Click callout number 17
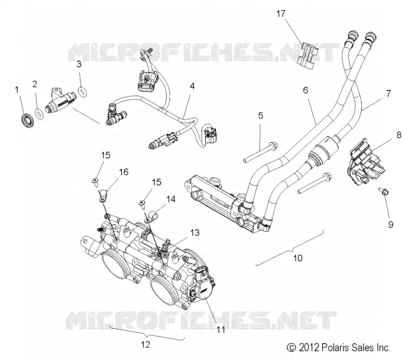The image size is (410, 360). pos(280,13)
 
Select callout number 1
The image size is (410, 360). pos(17,89)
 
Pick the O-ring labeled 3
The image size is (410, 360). pos(83,92)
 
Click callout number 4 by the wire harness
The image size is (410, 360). pos(192,86)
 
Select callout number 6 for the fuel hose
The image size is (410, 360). pos(305,90)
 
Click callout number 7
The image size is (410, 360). pos(388,93)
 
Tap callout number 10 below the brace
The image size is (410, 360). pos(298,258)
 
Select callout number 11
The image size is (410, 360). pos(221,329)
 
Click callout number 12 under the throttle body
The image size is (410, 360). pos(146,344)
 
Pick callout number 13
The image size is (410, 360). pos(195,232)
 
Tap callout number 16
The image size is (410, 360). pos(124,172)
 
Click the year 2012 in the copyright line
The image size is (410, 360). pos(309,348)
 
